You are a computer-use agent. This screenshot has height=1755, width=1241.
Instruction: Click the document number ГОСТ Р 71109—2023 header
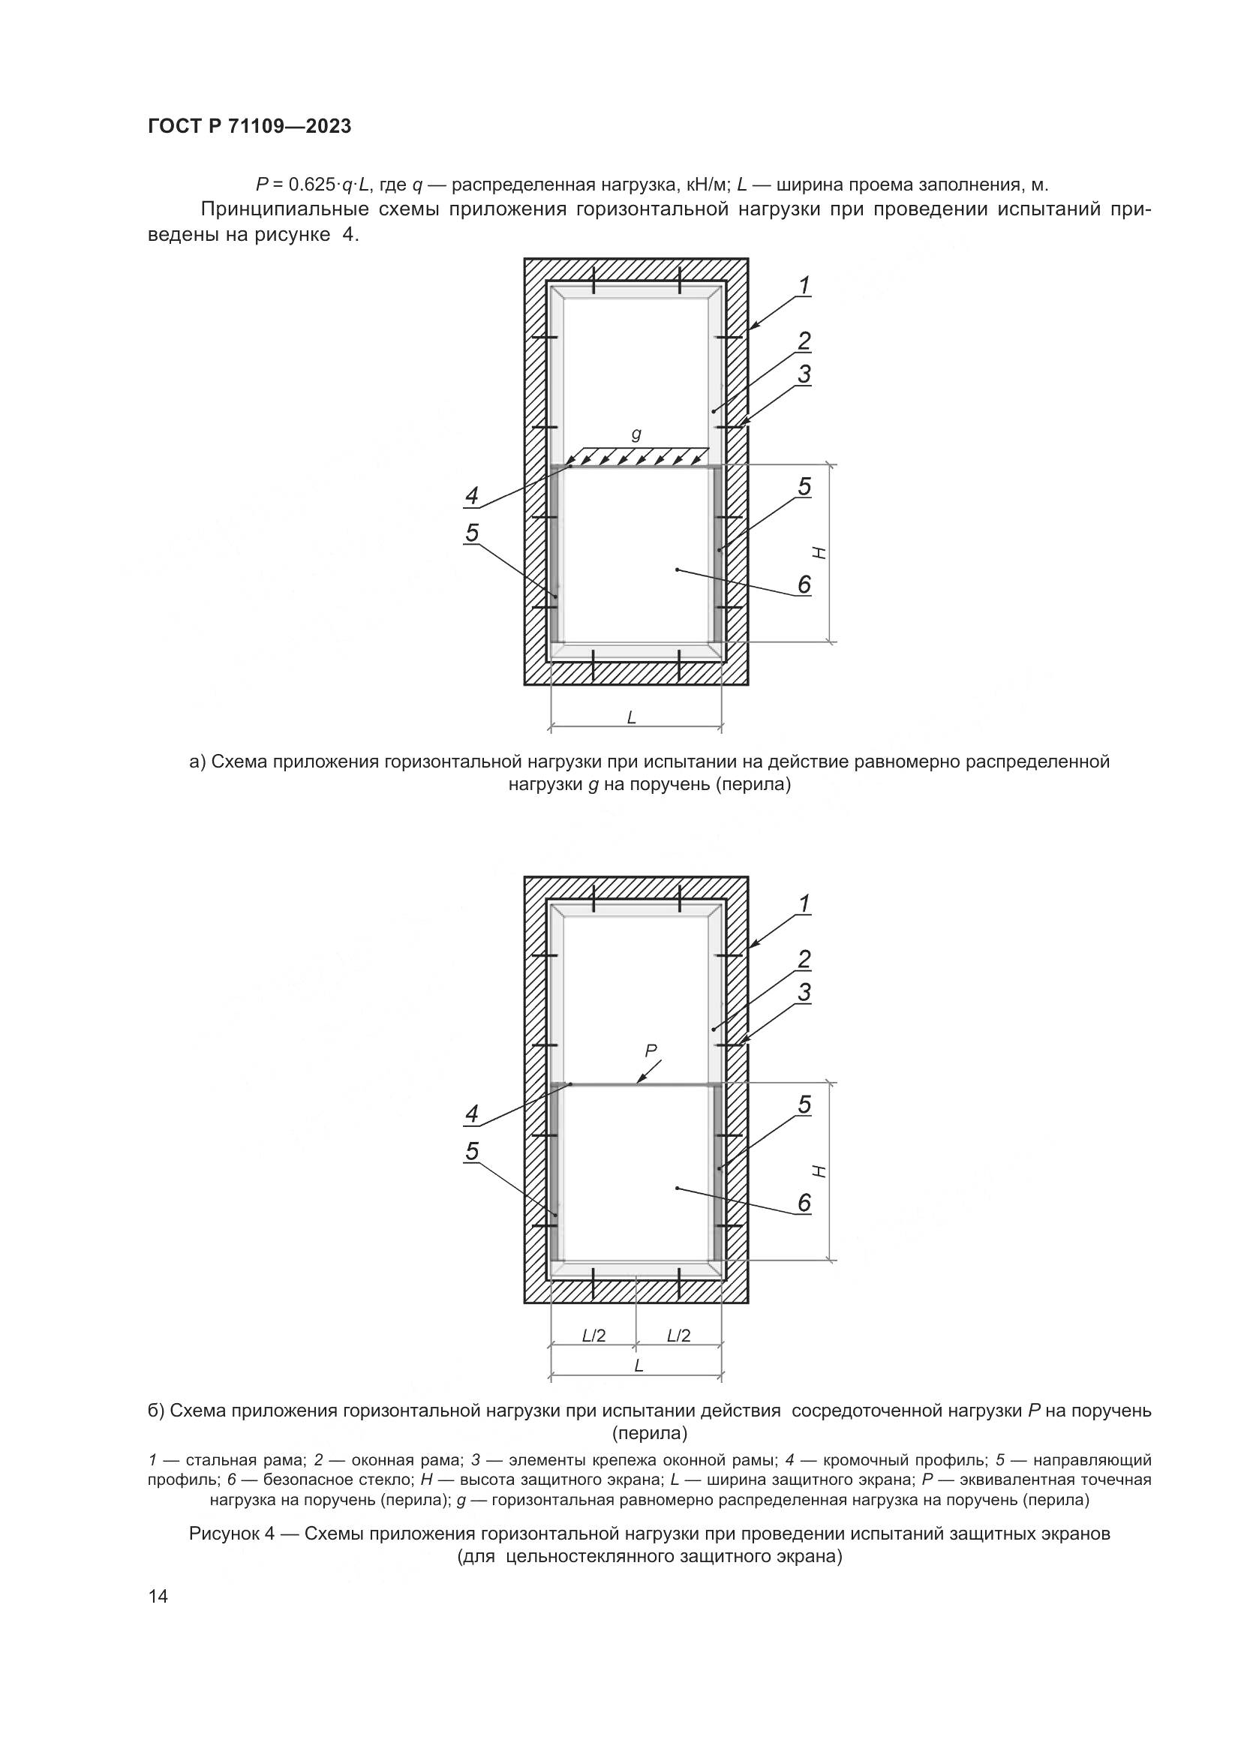pyautogui.click(x=249, y=127)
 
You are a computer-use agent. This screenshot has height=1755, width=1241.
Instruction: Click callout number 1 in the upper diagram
pyautogui.click(x=804, y=285)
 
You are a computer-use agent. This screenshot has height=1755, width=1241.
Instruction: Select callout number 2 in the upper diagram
pyautogui.click(x=804, y=341)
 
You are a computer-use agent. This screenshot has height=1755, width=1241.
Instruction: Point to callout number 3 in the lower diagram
pyautogui.click(x=804, y=992)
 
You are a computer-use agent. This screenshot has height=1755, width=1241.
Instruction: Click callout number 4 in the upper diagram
pyautogui.click(x=471, y=496)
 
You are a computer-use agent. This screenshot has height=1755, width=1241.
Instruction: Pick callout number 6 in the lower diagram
pyautogui.click(x=804, y=1203)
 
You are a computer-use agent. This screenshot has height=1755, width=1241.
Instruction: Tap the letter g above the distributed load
pyautogui.click(x=636, y=434)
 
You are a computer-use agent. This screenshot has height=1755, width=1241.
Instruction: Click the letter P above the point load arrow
pyautogui.click(x=651, y=1051)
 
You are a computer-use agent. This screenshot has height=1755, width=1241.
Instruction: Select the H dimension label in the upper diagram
pyautogui.click(x=819, y=553)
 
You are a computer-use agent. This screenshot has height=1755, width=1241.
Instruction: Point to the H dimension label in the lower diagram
pyautogui.click(x=819, y=1171)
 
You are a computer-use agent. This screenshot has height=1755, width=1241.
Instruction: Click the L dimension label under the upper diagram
pyautogui.click(x=631, y=717)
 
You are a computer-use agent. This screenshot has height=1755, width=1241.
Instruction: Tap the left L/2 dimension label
pyautogui.click(x=593, y=1336)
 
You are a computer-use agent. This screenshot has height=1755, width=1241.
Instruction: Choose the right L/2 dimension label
pyautogui.click(x=678, y=1336)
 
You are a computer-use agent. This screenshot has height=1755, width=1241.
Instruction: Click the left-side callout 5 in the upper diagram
pyautogui.click(x=471, y=533)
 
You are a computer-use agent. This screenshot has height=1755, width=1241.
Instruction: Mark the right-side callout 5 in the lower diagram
pyautogui.click(x=804, y=1104)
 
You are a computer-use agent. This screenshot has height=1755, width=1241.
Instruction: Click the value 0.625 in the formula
pyautogui.click(x=312, y=185)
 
